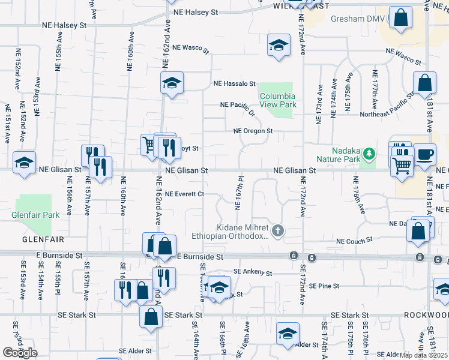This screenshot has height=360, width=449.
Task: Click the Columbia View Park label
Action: (x=277, y=100)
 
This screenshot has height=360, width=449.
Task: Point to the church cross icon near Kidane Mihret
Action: (x=277, y=230)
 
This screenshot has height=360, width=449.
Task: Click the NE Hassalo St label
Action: (x=235, y=84)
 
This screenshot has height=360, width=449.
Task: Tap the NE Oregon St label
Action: (x=253, y=131)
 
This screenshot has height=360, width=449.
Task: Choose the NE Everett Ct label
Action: (x=185, y=194)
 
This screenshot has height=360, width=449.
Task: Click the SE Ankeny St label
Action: (x=254, y=272)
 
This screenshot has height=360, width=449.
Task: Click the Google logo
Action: (x=20, y=352)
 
